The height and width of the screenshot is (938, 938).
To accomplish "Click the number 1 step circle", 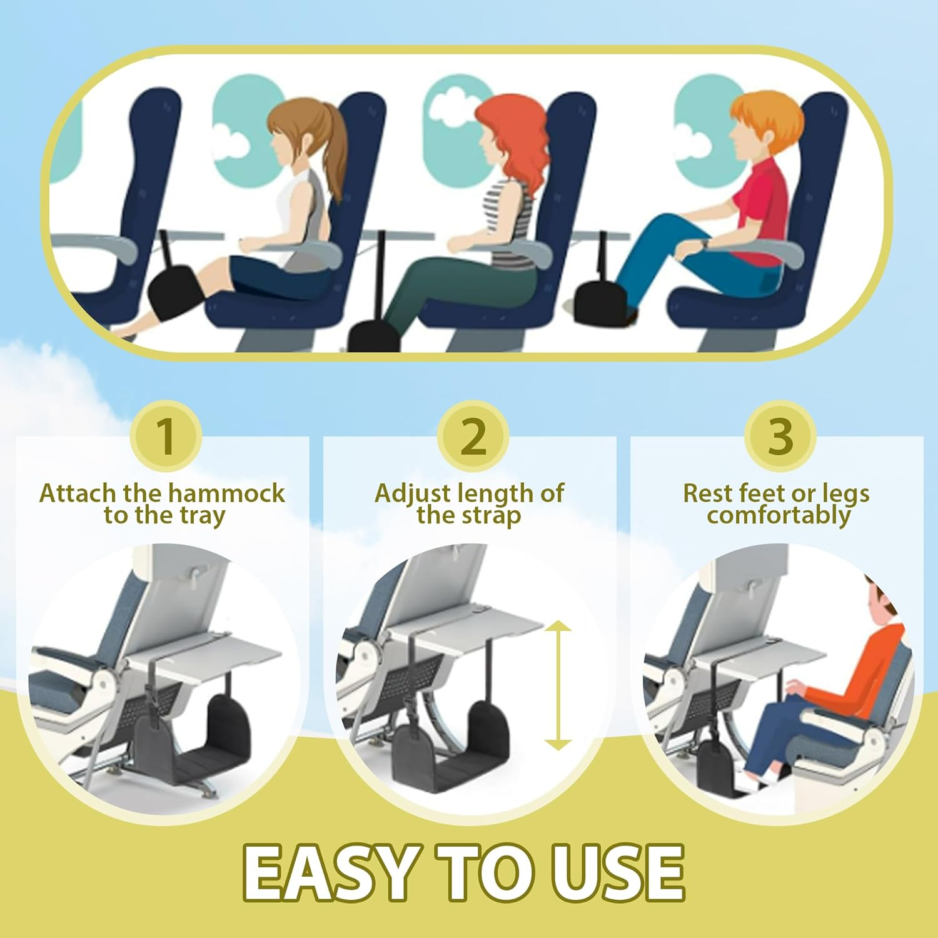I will coord(166,436).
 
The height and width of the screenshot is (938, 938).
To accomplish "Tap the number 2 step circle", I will coord(473,436).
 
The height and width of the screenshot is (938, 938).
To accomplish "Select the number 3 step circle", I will coord(780,436).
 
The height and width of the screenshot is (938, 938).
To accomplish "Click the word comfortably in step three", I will coord(779,516).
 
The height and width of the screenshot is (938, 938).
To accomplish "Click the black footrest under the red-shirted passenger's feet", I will coord(600,303).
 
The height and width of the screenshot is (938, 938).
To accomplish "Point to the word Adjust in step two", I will coord(413,493).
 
